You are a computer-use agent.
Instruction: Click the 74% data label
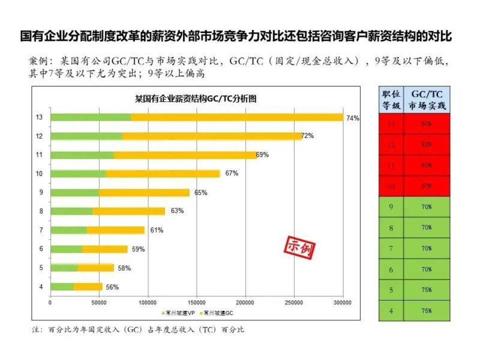[x=353, y=118]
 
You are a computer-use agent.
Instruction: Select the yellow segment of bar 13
[x=237, y=117]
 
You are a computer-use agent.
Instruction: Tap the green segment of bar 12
[x=86, y=136]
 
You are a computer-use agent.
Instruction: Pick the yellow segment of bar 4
[x=88, y=287]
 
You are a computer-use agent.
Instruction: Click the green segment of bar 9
[x=75, y=193]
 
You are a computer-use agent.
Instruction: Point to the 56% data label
[x=112, y=287]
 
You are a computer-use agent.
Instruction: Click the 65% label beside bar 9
[x=200, y=193]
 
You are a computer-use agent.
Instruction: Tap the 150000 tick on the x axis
[x=197, y=302]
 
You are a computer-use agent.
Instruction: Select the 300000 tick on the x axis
[x=343, y=302]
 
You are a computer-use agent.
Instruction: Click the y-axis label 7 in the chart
[x=41, y=230]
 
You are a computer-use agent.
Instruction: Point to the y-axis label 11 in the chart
[x=40, y=155]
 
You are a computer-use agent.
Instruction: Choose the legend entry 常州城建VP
[x=176, y=313]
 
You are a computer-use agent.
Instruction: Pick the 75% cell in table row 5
[x=426, y=290]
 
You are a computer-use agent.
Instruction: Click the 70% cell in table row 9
[x=426, y=208]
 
